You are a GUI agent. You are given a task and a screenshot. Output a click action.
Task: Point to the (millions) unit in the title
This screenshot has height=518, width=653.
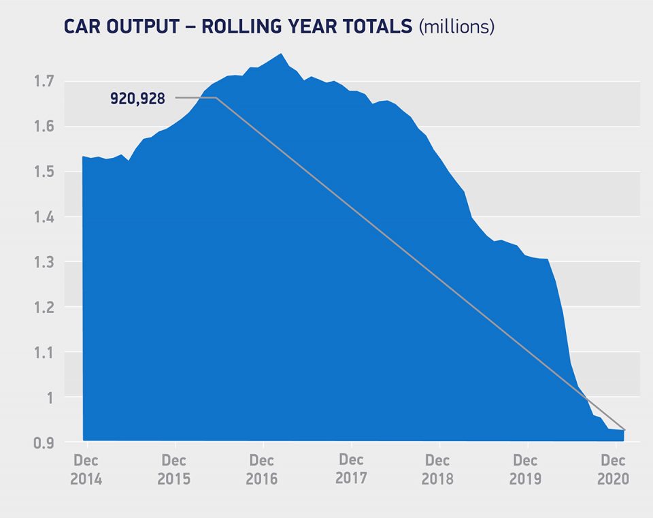[456, 27]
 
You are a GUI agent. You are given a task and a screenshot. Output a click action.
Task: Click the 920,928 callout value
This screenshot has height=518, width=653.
[137, 99]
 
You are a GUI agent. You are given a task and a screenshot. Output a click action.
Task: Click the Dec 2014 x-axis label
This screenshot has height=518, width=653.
[86, 470]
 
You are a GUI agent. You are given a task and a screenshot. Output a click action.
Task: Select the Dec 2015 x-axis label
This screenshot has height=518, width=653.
[174, 470]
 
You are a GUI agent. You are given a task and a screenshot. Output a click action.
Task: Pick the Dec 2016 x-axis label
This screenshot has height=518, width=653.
[262, 470]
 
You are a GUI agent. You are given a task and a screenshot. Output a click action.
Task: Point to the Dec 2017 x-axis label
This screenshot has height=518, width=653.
[350, 469]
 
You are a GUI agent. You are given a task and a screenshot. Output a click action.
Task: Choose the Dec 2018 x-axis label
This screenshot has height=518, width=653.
[438, 470]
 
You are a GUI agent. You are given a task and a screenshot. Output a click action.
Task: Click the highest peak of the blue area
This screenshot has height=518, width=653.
[282, 54]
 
